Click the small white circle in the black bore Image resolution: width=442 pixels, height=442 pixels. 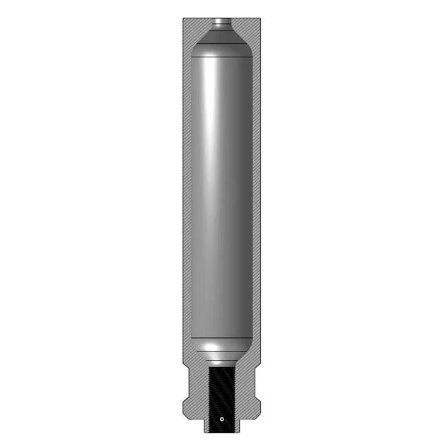coord(221,419)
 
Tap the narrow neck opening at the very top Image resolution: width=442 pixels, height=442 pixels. coord(221,22)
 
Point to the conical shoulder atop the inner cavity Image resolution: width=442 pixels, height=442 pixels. coord(221,39)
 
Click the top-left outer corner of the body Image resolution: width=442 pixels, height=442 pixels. coord(182,18)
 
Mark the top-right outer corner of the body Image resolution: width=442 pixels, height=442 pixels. coord(261,18)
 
